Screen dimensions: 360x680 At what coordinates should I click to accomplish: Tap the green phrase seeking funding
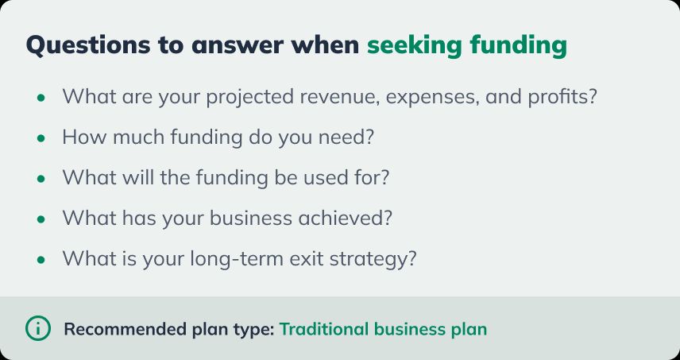coord(467,45)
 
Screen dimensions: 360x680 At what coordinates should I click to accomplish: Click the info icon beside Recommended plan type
coord(37,327)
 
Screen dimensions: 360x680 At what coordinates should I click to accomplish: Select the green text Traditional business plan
coord(383,328)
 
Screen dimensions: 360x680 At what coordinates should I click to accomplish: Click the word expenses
coord(440,98)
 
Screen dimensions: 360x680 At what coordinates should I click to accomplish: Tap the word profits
coord(560,98)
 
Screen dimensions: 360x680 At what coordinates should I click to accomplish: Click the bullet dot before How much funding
coord(41,137)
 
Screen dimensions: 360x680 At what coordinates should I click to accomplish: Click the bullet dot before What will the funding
coord(41,178)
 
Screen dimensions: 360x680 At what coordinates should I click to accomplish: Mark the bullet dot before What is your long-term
coord(41,259)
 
